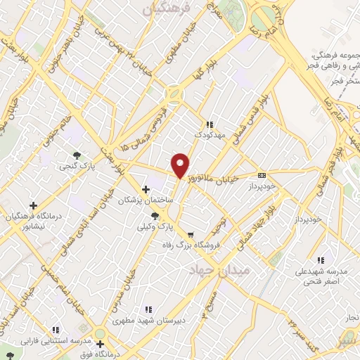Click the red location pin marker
tap(180, 165)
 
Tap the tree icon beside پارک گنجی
tap(76, 155)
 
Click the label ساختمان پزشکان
tap(146, 200)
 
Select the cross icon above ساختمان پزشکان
tap(146, 189)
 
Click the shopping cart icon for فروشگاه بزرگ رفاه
tap(191, 234)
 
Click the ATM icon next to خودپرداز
tap(262, 175)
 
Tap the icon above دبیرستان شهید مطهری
tap(147, 309)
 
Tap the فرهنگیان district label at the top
tap(167, 8)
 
